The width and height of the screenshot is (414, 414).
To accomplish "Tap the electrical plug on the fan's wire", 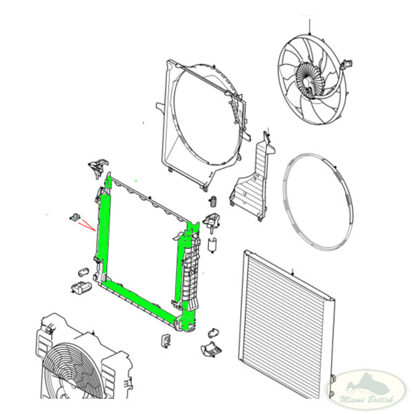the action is click(347, 64).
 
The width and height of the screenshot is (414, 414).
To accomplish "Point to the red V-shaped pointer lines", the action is click(87, 225).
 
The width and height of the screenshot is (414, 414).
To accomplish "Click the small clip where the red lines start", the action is click(75, 217).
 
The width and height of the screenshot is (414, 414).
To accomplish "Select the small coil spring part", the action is click(214, 201).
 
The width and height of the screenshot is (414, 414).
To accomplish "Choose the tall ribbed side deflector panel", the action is click(252, 179).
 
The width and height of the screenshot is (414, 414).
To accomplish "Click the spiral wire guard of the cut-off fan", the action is click(69, 371).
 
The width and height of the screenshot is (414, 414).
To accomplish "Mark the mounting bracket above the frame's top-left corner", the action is click(98, 167).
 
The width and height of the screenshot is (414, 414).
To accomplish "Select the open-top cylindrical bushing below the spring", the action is click(213, 245).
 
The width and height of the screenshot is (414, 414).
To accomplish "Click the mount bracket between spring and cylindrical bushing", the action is click(211, 221).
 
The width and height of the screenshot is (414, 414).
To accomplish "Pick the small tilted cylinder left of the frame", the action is click(83, 272).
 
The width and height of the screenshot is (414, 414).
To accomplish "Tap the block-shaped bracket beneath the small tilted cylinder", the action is click(81, 287).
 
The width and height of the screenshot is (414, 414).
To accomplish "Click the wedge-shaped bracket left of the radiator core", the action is click(212, 349).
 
